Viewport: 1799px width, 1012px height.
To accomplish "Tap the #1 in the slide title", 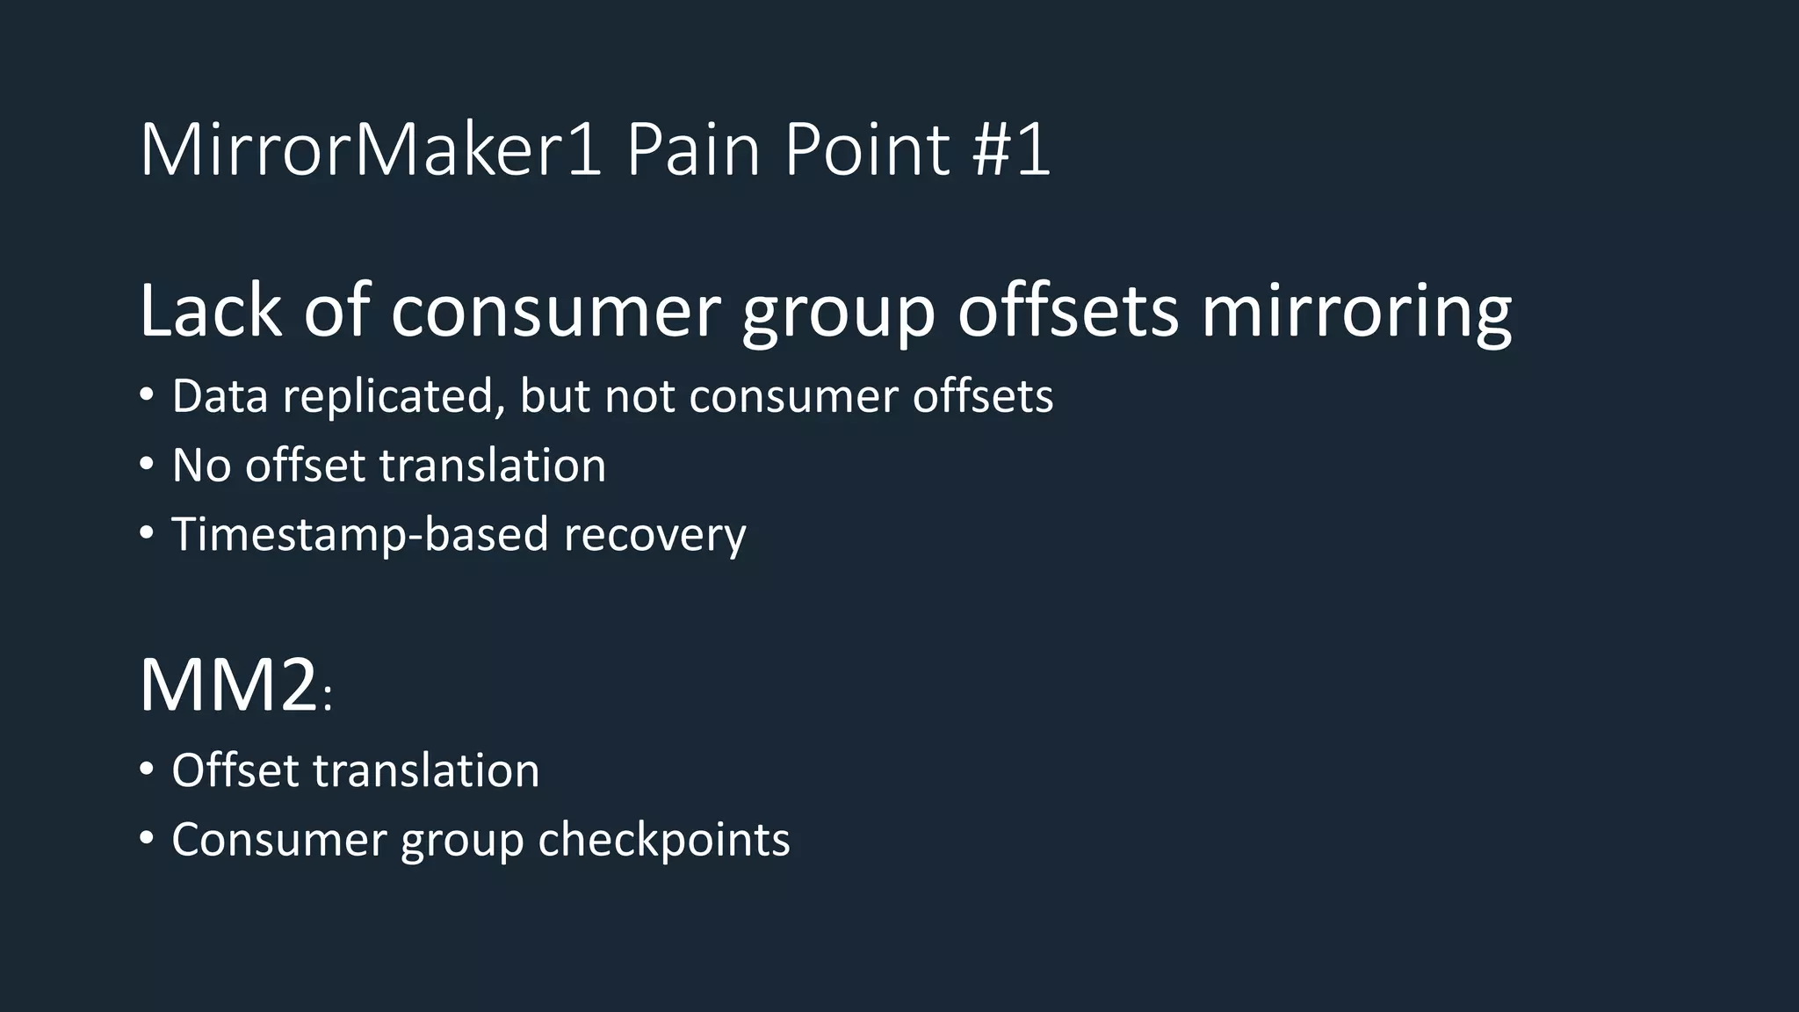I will click(1011, 150).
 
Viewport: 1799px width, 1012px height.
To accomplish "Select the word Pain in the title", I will click(692, 150).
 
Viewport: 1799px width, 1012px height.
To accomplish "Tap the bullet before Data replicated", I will click(147, 395).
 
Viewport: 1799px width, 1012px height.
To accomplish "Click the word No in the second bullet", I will click(201, 465).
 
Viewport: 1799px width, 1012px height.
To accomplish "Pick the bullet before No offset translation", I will click(147, 465).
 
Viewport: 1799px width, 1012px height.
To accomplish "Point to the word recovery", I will click(654, 535).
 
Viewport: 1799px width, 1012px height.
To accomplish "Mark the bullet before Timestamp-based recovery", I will click(147, 533).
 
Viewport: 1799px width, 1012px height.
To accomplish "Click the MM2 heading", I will click(228, 685).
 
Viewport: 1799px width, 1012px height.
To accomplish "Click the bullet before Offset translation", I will click(147, 770).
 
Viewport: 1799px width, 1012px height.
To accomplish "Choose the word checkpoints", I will click(664, 841).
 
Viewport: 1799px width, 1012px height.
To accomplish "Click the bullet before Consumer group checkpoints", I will click(147, 839).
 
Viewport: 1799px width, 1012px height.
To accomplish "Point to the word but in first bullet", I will click(553, 396).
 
